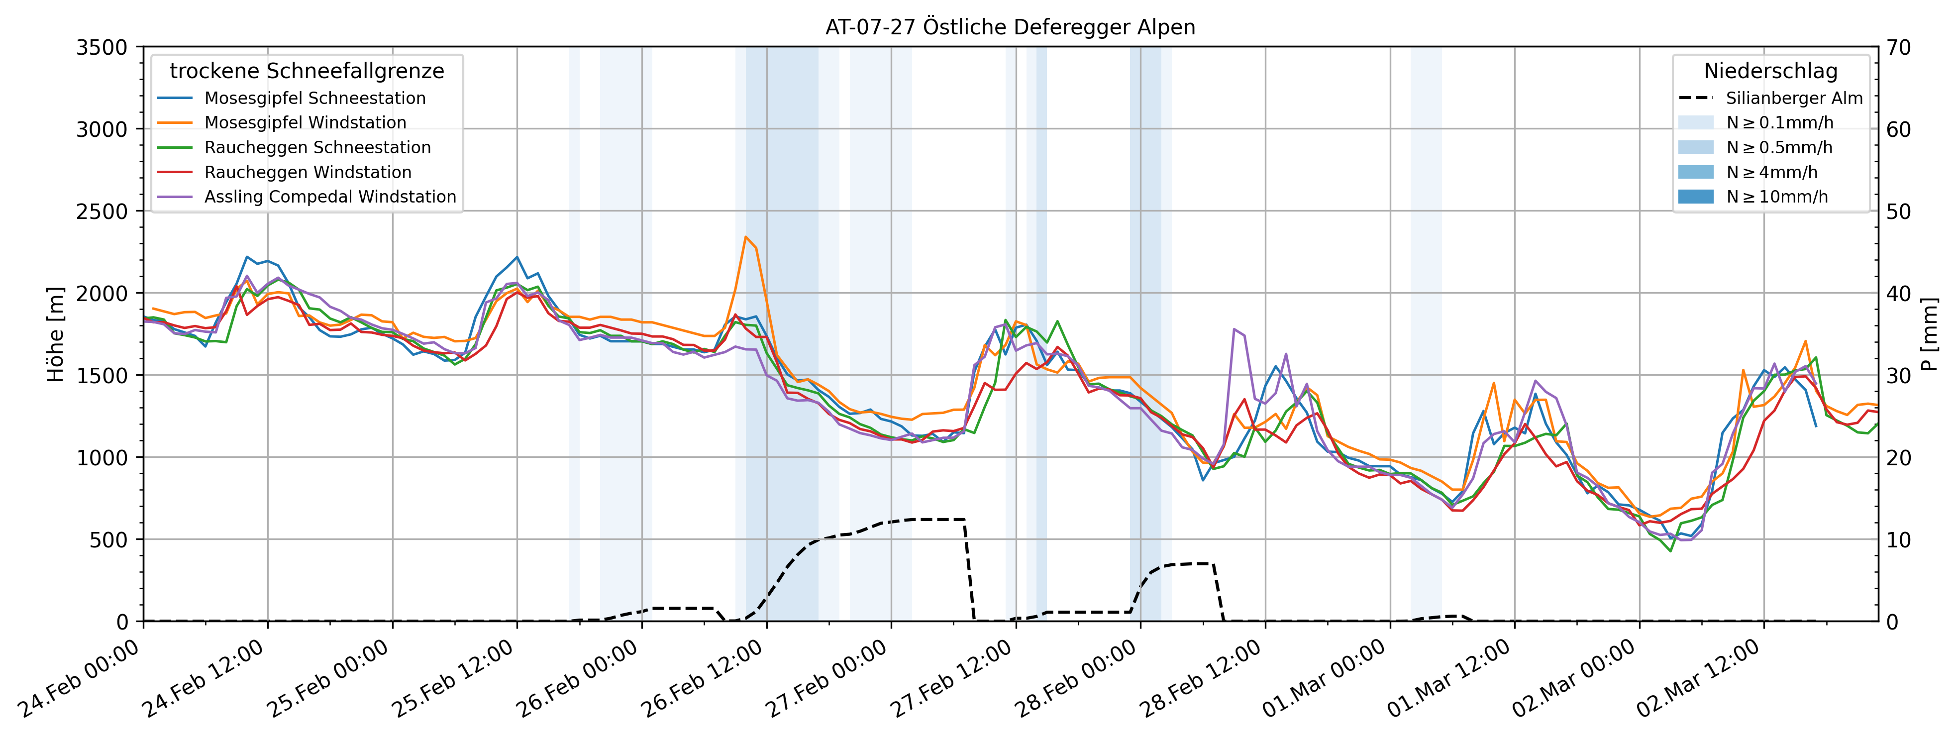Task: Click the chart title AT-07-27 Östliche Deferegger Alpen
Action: click(x=1010, y=27)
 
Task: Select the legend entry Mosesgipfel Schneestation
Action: click(x=314, y=98)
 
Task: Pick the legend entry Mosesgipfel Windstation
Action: click(x=305, y=123)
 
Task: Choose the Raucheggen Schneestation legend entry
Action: click(x=317, y=147)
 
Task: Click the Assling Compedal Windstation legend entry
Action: click(x=330, y=197)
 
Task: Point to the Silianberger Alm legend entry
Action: click(x=1793, y=98)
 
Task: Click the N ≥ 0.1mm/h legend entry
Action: click(x=1779, y=123)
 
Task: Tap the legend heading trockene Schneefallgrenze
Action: click(x=307, y=71)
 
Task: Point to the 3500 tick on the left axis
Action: click(x=102, y=47)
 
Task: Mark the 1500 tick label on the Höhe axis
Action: click(x=102, y=375)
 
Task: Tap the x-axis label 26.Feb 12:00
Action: click(x=703, y=680)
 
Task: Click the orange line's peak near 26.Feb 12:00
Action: click(x=746, y=237)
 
